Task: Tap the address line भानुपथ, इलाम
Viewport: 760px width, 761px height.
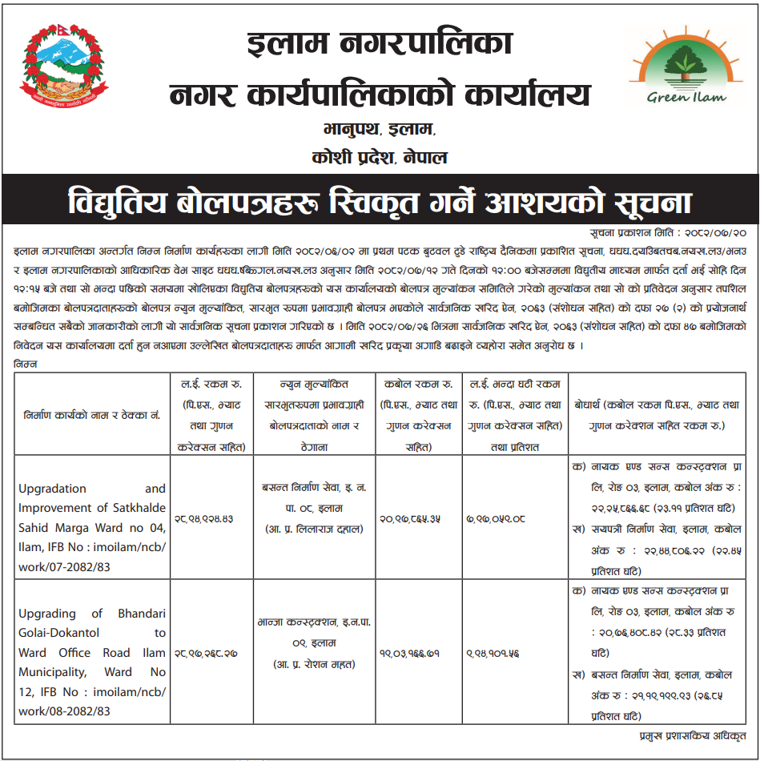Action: pos(379,129)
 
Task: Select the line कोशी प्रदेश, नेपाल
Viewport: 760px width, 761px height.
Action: pos(379,156)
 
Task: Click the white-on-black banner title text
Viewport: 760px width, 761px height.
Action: pos(379,201)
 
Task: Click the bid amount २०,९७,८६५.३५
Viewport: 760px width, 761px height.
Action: pos(418,517)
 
